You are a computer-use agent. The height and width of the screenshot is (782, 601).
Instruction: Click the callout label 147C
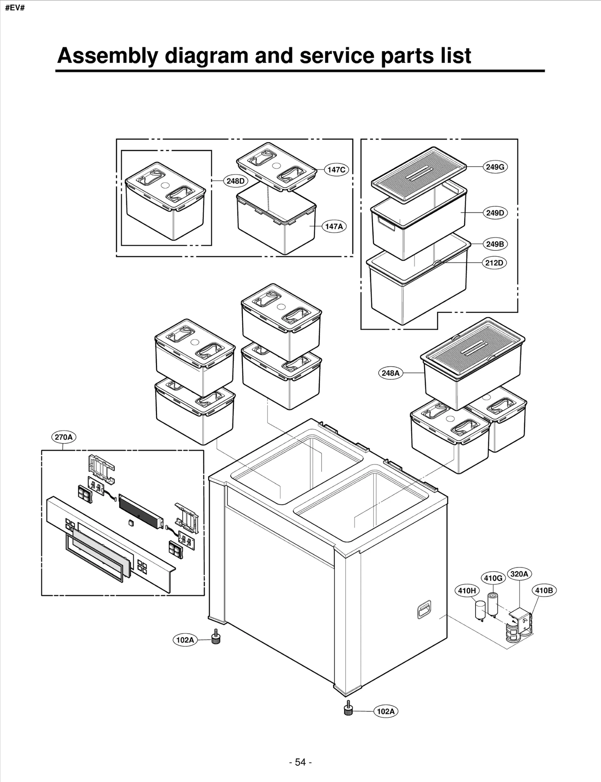(x=336, y=170)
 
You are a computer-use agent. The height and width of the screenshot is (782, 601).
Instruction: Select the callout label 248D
(x=236, y=181)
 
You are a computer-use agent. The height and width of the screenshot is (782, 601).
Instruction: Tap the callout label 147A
(x=334, y=226)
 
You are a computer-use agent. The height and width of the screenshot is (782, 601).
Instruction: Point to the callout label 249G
(x=495, y=167)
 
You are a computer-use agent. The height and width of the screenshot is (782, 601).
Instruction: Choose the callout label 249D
(x=495, y=213)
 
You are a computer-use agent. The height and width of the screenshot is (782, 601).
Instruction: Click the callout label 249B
(x=495, y=244)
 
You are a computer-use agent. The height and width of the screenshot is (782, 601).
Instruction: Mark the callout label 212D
(x=494, y=263)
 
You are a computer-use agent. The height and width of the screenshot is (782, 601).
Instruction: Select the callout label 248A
(x=390, y=373)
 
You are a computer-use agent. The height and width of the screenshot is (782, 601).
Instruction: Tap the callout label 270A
(x=63, y=437)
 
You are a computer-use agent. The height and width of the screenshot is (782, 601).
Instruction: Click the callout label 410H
(x=467, y=591)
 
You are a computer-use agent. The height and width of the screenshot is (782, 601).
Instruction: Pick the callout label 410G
(x=493, y=578)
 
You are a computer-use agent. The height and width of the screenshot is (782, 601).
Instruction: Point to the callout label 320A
(x=519, y=574)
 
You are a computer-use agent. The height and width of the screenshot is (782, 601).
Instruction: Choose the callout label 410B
(x=544, y=591)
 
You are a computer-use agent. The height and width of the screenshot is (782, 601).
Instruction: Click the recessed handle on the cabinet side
(x=424, y=610)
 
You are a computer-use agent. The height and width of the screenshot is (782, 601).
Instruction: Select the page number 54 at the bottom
(x=300, y=762)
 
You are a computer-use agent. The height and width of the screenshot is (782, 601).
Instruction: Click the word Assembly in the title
(x=107, y=56)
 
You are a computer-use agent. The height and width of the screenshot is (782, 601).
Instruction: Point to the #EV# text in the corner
(x=14, y=8)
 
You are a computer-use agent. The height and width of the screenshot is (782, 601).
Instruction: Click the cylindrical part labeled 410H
(x=480, y=610)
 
